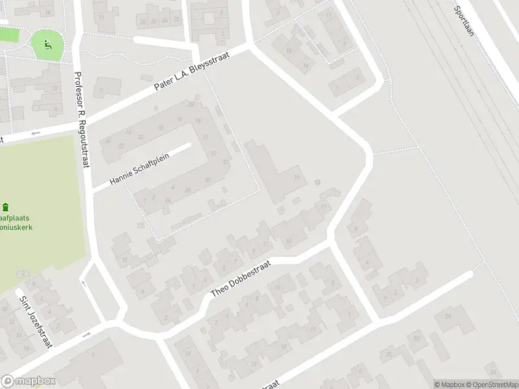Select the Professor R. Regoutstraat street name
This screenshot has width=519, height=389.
click(80, 119)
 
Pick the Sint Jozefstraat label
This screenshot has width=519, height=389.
click(35, 322)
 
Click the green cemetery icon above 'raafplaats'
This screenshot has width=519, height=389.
click(6, 207)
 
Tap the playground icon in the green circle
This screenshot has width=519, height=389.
click(47, 45)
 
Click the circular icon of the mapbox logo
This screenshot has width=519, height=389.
click(8, 381)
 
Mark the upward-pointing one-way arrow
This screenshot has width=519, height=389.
click(82, 283)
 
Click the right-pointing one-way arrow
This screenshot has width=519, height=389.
click(86, 335)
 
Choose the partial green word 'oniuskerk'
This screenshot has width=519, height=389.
click(17, 228)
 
